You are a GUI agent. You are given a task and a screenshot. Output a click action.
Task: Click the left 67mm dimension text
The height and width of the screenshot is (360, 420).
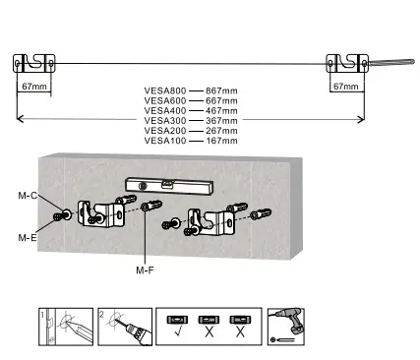[34, 87]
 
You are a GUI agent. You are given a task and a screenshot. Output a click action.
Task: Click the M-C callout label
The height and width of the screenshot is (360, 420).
[28, 196]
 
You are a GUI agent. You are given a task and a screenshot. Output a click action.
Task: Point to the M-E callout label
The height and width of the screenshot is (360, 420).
[28, 237]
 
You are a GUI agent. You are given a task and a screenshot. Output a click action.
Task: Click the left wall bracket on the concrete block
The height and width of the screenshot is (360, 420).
[101, 212]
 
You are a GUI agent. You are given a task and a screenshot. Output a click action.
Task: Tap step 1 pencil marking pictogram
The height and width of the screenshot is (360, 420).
[65, 326]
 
